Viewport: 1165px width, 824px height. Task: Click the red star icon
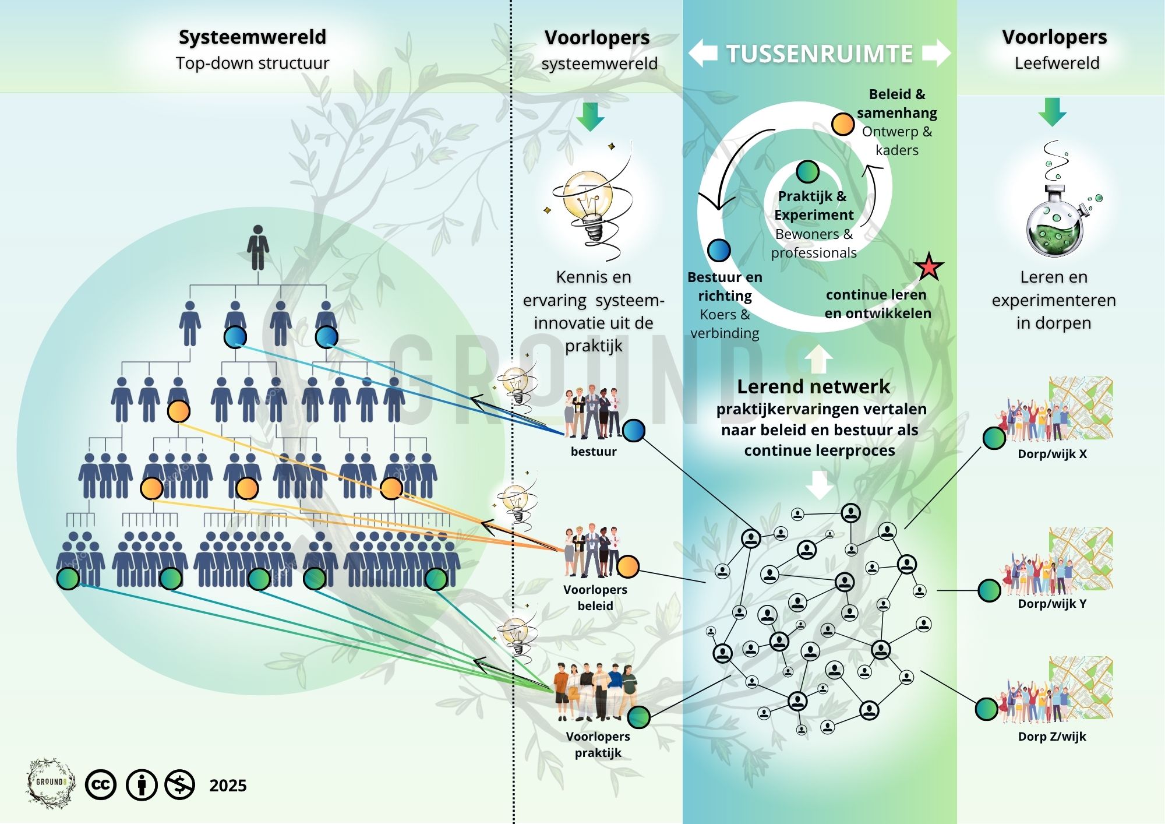(929, 267)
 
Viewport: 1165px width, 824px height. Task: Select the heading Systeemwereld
(252, 37)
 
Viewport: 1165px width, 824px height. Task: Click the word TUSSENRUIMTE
(819, 54)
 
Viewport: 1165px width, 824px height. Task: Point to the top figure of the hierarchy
(257, 248)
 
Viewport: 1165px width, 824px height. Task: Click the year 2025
(228, 786)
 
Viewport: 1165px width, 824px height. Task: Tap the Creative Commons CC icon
(101, 785)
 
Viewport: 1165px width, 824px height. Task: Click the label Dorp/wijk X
(1052, 454)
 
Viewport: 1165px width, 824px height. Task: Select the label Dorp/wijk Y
(1052, 604)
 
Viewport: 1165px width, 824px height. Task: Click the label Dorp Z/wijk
(1052, 737)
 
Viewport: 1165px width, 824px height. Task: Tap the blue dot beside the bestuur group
(634, 430)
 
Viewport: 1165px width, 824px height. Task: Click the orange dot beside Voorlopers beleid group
(627, 566)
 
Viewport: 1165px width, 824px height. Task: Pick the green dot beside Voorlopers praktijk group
(639, 717)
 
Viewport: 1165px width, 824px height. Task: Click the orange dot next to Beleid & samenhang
(843, 124)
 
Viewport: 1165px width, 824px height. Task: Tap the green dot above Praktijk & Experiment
(807, 171)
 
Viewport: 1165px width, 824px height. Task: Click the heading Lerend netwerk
(813, 386)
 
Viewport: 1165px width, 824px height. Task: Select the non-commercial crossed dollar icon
(179, 785)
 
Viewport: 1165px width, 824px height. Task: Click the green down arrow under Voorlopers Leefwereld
(1052, 112)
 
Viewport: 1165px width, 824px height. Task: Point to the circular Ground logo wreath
(51, 783)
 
